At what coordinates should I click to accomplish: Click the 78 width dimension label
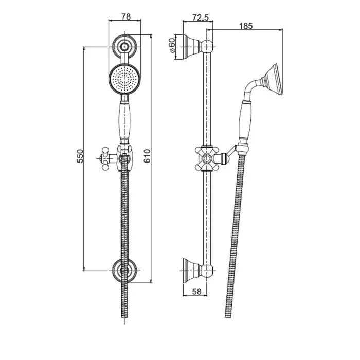coord(126,16)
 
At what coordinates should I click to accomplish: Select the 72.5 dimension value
coord(201,17)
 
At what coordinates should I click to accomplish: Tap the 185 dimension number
coord(246,26)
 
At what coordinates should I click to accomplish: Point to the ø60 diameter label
coord(172,45)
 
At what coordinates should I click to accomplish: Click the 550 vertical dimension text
coord(80,156)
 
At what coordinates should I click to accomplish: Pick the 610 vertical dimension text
coord(147,156)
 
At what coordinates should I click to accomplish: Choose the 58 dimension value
coord(196,292)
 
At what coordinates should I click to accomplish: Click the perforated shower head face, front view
coord(124,79)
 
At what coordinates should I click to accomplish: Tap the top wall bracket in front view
coord(124,47)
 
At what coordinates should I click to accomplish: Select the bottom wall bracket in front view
coord(124,270)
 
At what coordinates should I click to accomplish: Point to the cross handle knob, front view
coord(105,158)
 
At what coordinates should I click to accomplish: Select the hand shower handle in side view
coord(245,121)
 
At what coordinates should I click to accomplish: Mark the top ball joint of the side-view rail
coord(207,47)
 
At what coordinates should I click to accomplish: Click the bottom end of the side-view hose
coord(228,317)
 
